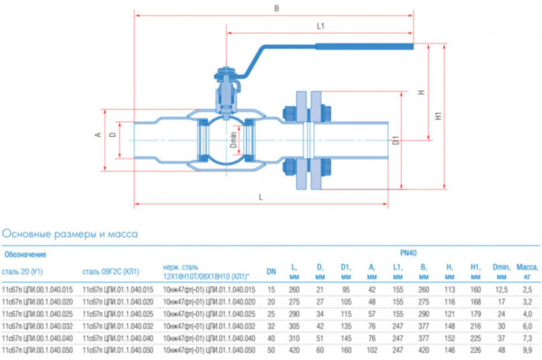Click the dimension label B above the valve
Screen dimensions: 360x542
point(276,9)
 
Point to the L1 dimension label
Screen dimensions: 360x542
point(320,26)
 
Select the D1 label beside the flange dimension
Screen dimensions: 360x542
point(395,142)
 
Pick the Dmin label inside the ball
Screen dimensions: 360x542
point(233,141)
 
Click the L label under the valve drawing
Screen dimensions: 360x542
point(262,197)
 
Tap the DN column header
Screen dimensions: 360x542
point(271,271)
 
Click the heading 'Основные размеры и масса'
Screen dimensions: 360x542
point(70,232)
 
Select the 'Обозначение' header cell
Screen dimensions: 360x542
point(26,253)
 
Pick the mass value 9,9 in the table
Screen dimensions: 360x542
point(527,350)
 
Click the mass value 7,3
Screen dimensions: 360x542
point(527,338)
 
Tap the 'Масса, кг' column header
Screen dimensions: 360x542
point(527,271)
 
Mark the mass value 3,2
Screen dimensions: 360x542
point(527,301)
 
